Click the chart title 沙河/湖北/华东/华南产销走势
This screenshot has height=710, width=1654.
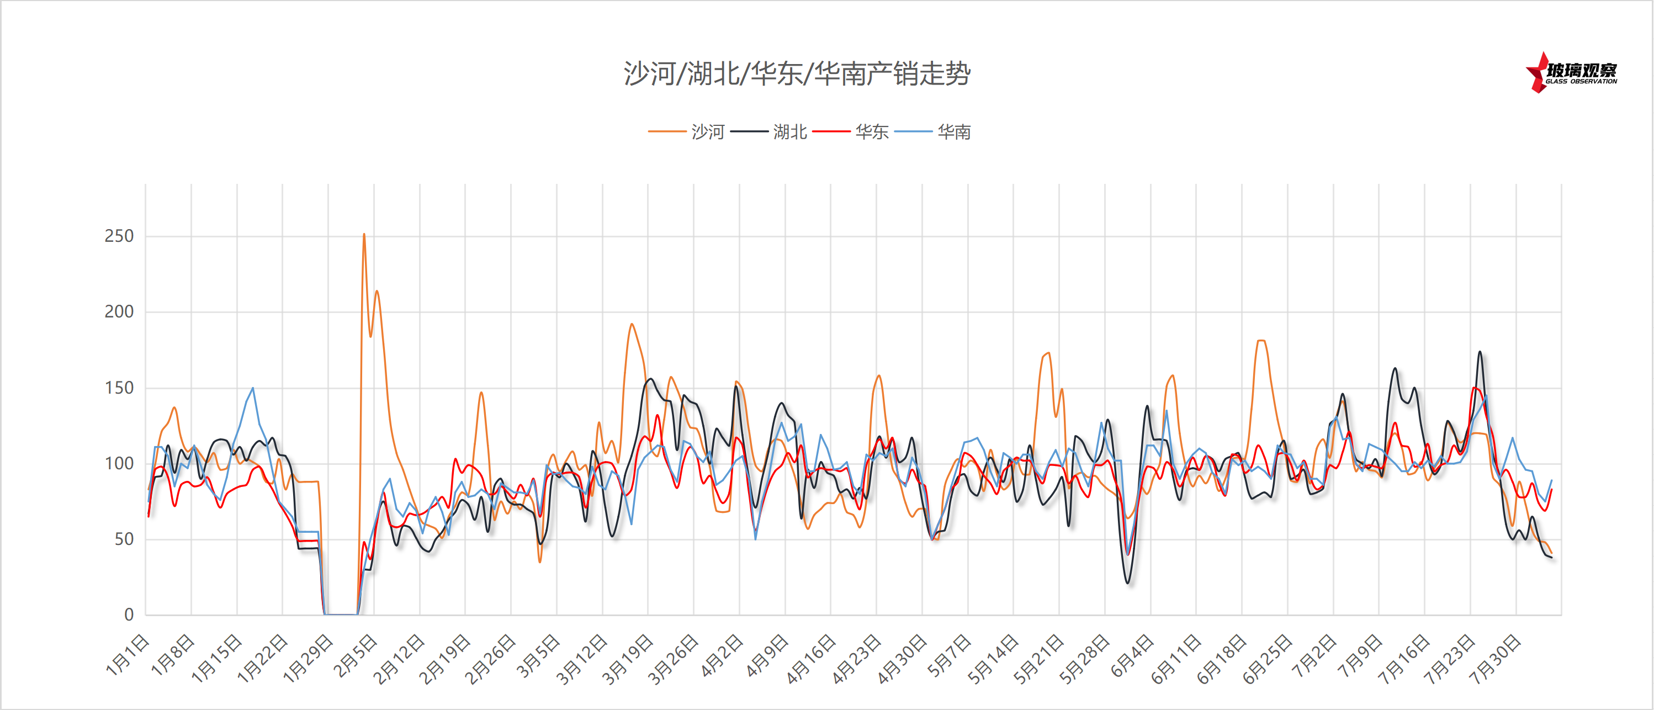797,74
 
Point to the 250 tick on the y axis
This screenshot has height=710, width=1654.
119,236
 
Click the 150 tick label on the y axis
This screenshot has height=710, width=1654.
119,388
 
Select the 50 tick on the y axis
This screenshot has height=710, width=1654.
123,539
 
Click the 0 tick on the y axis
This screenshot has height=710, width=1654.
129,615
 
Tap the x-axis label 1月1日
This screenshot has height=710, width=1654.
128,655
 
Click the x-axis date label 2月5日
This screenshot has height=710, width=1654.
355,655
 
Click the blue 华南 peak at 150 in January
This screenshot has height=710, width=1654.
253,388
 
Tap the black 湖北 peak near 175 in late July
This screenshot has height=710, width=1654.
1480,352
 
